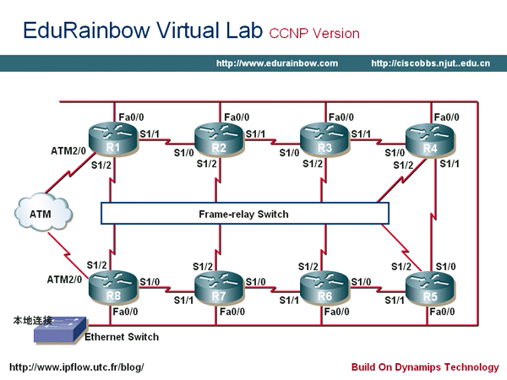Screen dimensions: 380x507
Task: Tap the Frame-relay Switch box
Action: (x=243, y=214)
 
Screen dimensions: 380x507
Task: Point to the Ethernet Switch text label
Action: (x=121, y=337)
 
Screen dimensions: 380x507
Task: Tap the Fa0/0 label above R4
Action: (x=449, y=117)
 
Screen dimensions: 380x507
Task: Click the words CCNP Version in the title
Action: (x=314, y=34)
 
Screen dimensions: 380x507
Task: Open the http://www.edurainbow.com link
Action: (x=277, y=63)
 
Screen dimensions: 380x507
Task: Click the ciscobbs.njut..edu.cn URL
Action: (x=430, y=63)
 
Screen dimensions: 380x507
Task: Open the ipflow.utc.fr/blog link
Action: (x=76, y=367)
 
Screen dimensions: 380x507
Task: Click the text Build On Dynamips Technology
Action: (x=425, y=367)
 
